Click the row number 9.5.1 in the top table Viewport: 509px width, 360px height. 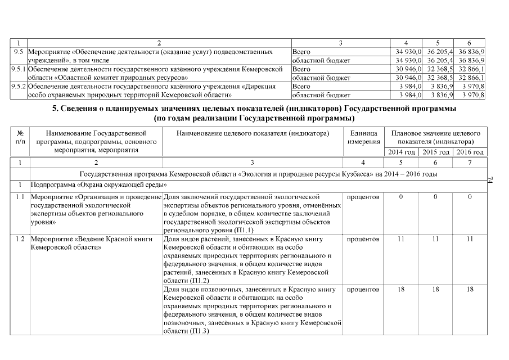[19, 69]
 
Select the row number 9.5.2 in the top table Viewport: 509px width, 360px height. [19, 87]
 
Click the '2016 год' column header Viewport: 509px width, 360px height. [470, 152]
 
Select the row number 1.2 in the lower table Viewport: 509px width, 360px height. [20, 240]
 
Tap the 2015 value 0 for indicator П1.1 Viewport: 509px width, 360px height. [436, 197]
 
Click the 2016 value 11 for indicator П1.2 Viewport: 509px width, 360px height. [470, 240]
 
